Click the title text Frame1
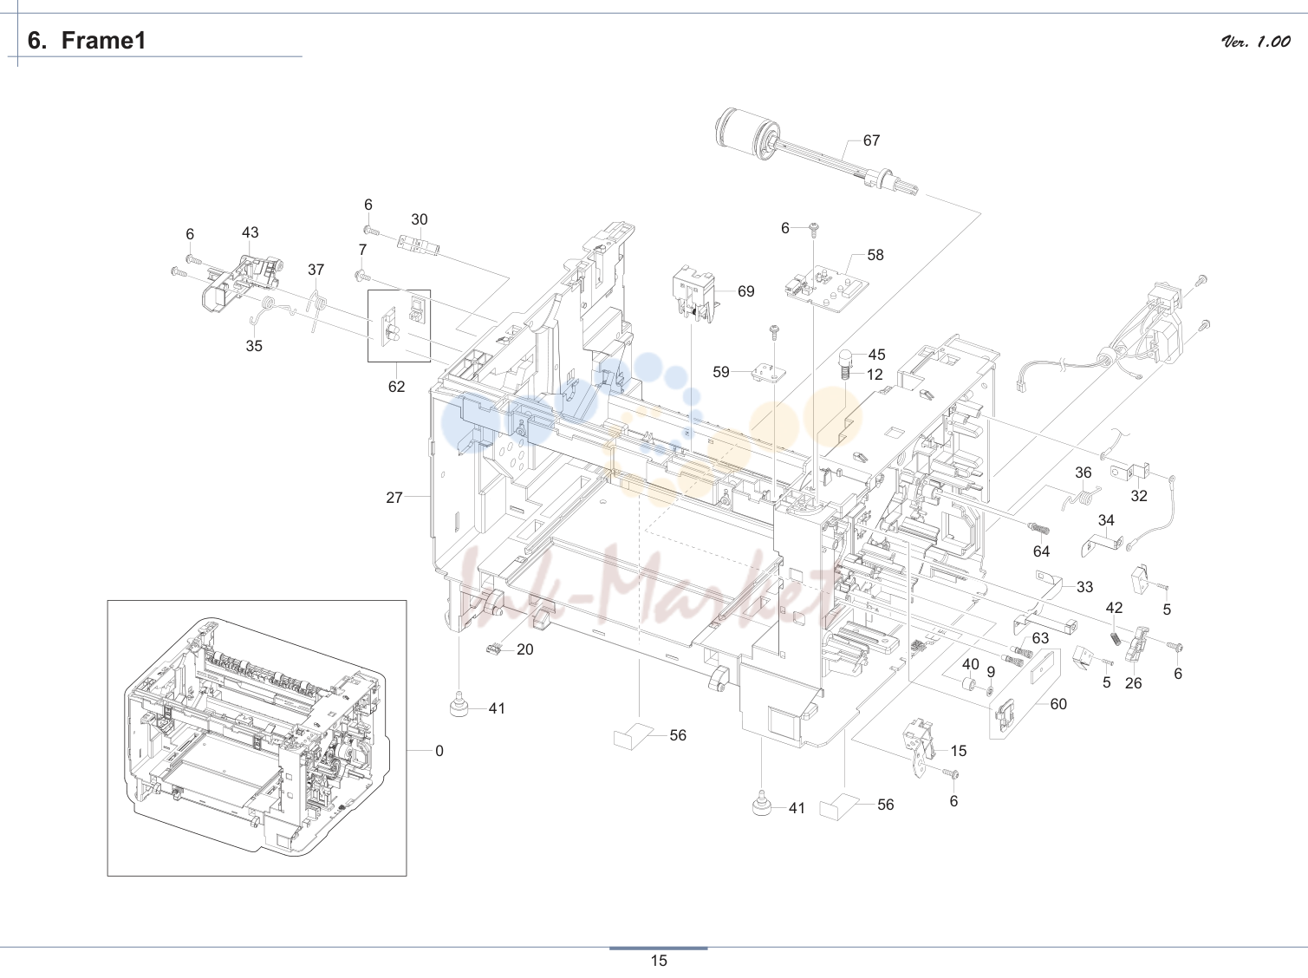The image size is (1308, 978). click(x=104, y=41)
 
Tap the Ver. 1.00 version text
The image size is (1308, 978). click(x=1256, y=42)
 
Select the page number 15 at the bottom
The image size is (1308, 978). click(x=659, y=961)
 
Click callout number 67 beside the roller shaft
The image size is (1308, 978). click(x=871, y=140)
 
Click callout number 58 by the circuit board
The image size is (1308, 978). click(x=875, y=255)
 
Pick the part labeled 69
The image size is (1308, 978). click(x=695, y=294)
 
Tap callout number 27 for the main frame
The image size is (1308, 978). click(x=394, y=498)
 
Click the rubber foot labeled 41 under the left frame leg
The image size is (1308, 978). click(x=459, y=704)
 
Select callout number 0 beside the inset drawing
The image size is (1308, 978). click(x=439, y=751)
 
